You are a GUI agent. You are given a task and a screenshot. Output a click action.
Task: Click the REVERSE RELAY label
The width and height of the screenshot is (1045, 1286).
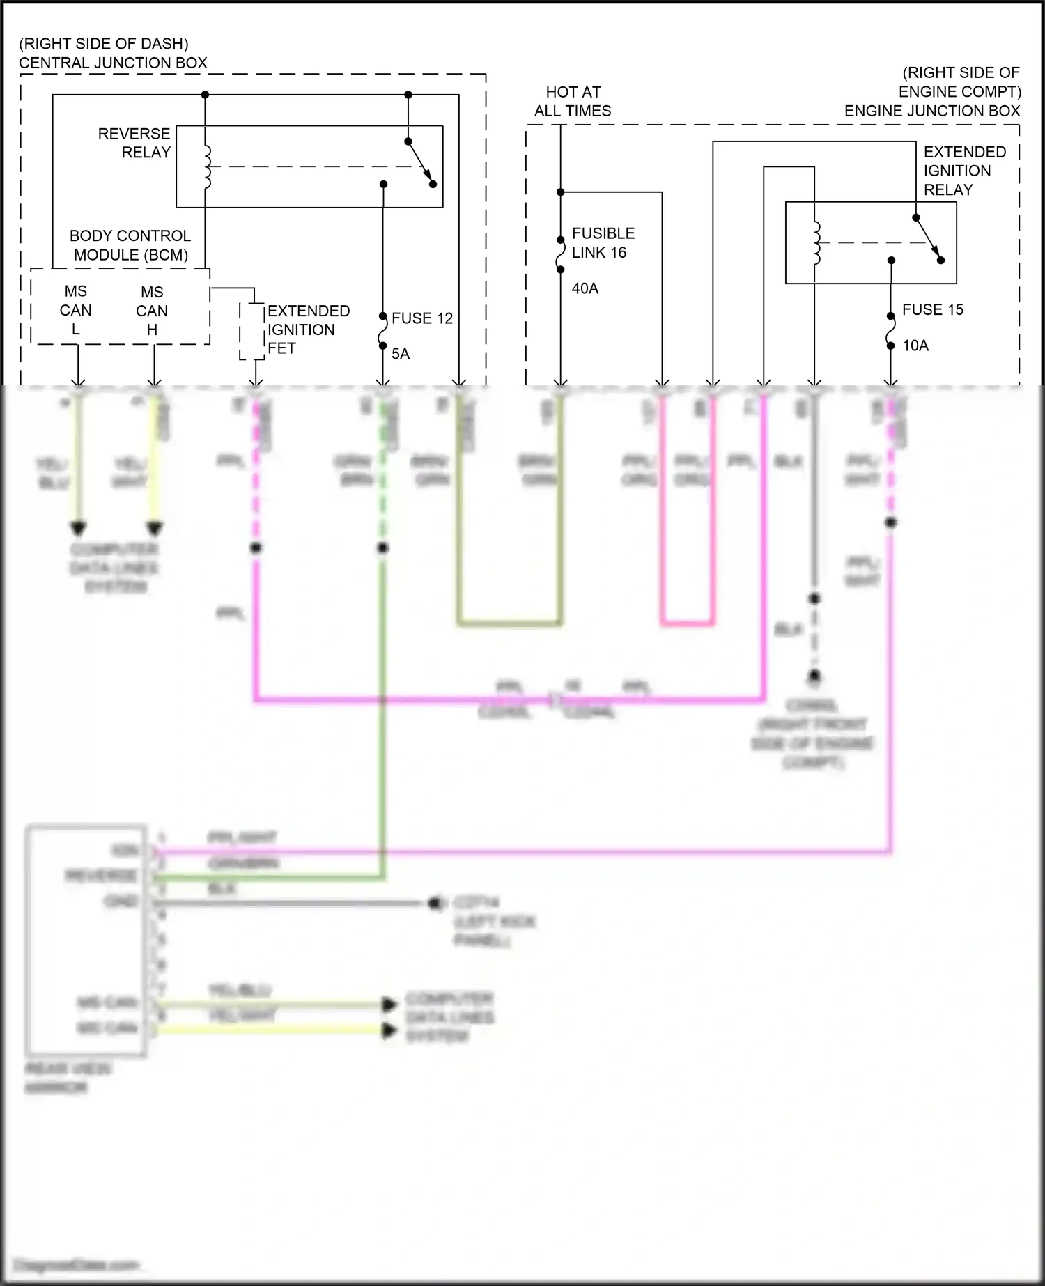click(134, 143)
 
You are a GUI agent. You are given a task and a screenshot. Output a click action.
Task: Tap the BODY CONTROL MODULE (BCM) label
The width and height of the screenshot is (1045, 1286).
click(130, 245)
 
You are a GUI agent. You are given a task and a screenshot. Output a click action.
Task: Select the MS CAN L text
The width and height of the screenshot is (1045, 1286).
click(75, 310)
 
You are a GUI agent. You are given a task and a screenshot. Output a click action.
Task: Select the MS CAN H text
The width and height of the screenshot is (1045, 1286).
click(152, 311)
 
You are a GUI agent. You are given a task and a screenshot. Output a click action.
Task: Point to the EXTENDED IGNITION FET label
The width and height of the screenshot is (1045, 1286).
click(308, 330)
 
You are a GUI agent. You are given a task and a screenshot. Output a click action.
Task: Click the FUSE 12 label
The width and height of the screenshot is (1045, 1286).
click(421, 318)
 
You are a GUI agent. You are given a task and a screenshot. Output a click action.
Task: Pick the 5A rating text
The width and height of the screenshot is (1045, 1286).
click(401, 354)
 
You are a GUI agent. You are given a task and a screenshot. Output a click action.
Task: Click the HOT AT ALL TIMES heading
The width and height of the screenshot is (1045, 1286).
click(573, 102)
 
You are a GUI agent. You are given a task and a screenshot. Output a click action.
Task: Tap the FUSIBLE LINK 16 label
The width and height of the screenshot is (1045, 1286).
click(603, 243)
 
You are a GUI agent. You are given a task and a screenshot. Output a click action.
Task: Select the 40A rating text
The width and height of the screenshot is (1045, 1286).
click(585, 288)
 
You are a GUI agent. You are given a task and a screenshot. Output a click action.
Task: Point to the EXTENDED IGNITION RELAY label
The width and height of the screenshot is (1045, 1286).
click(964, 171)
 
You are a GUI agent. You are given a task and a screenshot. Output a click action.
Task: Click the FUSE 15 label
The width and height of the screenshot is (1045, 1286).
click(932, 310)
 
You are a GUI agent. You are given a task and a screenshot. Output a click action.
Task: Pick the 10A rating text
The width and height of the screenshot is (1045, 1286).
click(915, 346)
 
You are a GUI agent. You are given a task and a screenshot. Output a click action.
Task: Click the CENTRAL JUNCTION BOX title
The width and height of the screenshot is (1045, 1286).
click(113, 63)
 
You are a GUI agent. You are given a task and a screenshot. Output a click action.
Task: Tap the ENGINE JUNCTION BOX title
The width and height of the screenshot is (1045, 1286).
click(931, 111)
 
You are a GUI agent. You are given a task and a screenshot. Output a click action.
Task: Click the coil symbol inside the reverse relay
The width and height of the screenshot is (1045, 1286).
click(207, 167)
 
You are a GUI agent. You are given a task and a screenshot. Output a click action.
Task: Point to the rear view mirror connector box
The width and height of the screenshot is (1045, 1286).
click(86, 941)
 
